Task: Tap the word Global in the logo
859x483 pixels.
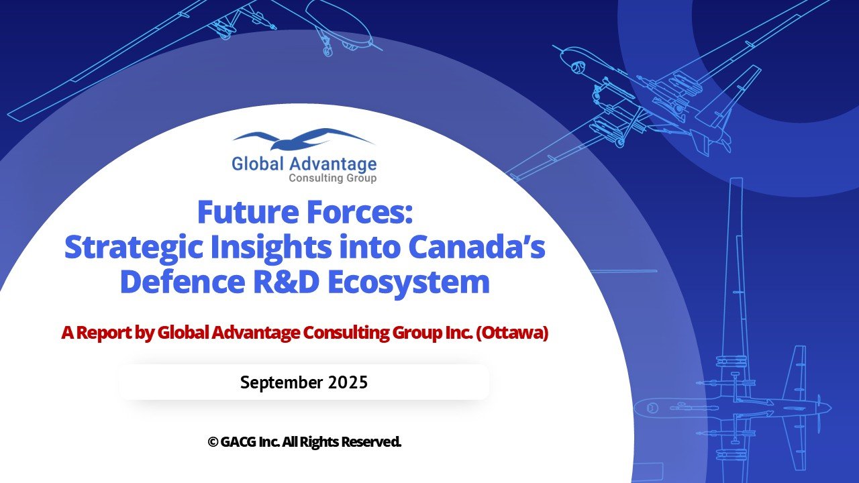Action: (258, 164)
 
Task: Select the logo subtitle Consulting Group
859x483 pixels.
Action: (332, 178)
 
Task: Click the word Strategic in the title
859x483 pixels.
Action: (134, 248)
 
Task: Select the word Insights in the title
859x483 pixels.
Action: (270, 248)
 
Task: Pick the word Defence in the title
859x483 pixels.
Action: (183, 282)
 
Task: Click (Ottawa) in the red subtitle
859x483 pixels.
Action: (512, 333)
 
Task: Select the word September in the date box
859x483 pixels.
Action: (281, 382)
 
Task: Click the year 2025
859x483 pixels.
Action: (348, 382)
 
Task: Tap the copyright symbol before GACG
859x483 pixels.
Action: (213, 442)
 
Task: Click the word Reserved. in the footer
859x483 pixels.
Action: (371, 442)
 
